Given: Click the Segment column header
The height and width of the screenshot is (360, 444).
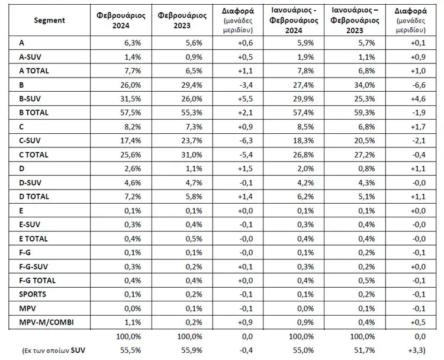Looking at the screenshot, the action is pos(49,20).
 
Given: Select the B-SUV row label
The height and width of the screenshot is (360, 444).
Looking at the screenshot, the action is pos(30,99).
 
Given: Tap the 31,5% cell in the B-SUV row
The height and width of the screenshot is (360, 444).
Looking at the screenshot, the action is pos(131,99).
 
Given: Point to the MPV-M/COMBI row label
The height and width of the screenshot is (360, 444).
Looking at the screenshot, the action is pos(46,322).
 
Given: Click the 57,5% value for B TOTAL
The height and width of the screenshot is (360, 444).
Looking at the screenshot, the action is pos(131,112).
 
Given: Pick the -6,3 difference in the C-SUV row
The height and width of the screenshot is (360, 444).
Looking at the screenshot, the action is pos(246,141).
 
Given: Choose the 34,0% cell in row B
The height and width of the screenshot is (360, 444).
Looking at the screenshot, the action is pos(365,85).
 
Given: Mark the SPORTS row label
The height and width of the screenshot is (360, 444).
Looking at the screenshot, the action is pos(33,294).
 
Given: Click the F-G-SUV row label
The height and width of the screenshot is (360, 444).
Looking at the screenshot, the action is pos(33,266).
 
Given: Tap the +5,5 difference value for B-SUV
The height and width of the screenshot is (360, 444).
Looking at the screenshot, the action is pos(245,99).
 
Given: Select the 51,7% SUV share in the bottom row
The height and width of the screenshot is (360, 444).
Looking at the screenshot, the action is pos(365,351).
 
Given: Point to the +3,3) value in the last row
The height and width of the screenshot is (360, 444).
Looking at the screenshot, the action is pos(417,351).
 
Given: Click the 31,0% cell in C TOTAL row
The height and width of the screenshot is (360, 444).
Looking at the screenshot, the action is pos(192,155).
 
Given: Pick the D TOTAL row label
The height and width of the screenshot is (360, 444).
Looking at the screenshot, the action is pos(34,197).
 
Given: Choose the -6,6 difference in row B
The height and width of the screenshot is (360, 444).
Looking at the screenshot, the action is pos(418,85).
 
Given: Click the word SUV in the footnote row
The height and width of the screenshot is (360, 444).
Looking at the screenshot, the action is pos(78,351).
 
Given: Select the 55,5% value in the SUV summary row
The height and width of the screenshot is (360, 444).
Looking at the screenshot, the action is pos(131,351).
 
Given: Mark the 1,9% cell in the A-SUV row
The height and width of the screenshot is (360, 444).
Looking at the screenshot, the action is pos(305,57).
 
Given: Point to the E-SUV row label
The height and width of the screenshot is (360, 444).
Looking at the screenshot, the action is pos(30,224).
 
